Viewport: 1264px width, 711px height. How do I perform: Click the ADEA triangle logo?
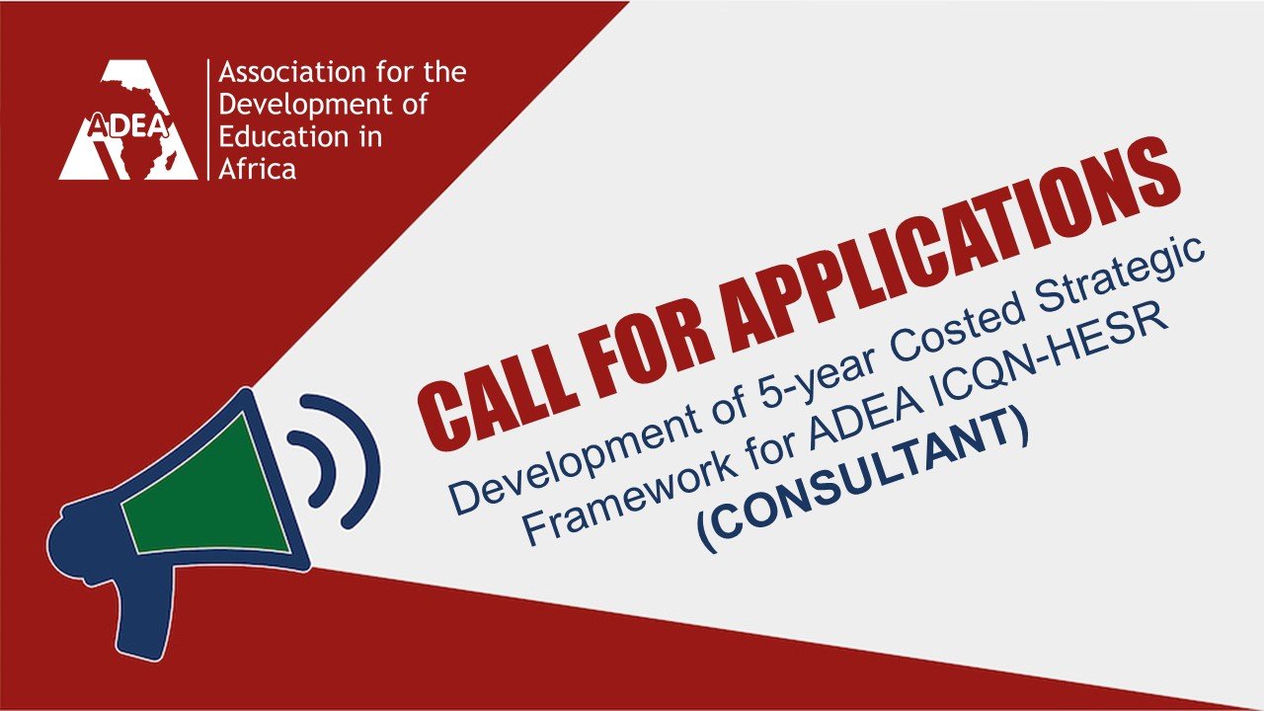128,120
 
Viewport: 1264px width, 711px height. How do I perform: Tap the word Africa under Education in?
258,169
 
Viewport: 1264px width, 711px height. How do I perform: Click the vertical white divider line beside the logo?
208,119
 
